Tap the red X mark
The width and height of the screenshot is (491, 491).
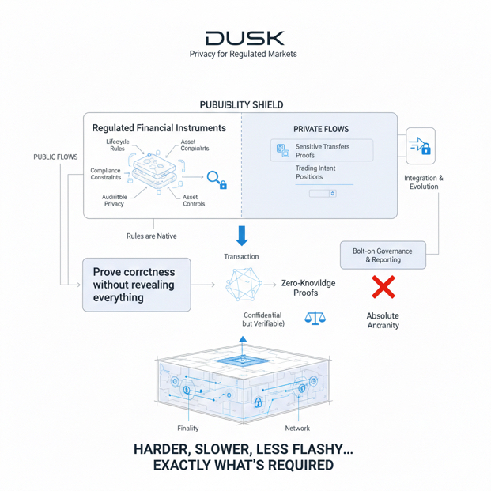coord(383,287)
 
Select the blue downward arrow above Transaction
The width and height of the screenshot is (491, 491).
coord(242,235)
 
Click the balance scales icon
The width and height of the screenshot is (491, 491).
coord(315,319)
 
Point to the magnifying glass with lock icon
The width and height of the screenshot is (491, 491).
coord(217,179)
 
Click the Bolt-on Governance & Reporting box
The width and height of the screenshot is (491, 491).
coord(383,255)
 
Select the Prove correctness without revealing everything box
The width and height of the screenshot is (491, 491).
coord(136,284)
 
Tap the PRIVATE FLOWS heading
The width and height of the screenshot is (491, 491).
coord(321,129)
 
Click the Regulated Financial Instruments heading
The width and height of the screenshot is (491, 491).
coord(159,128)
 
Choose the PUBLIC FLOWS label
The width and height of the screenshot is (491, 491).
coord(55,157)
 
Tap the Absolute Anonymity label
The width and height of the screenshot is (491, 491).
coord(383,320)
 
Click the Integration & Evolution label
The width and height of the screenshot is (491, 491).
coord(424,183)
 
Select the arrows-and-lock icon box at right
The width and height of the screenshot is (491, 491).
coord(420,146)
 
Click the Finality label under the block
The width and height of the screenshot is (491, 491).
coord(188,429)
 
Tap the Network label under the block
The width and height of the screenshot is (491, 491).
coord(297,429)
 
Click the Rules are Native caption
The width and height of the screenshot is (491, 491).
coord(152,236)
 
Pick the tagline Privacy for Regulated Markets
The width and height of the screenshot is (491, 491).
coord(244,55)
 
